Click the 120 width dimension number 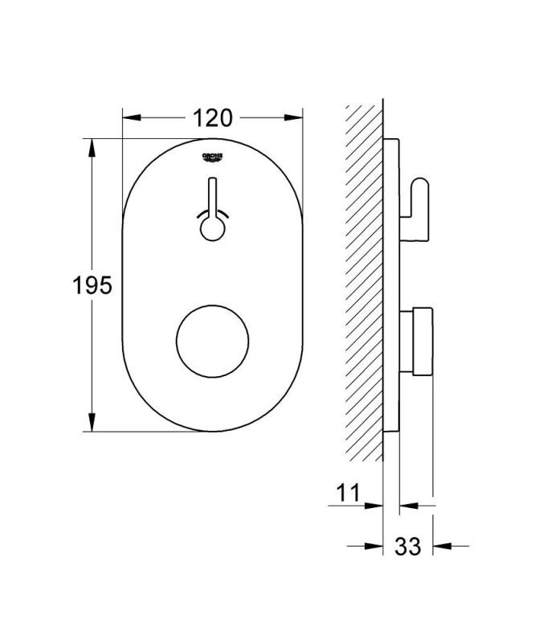pos(212,118)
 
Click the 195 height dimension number pos(92,285)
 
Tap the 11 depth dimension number pos(348,492)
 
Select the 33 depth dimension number pos(407,547)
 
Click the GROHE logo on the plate pos(212,158)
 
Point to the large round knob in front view pos(212,341)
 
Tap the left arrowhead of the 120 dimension pos(132,117)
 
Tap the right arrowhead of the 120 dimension pos(293,117)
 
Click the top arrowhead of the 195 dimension pos(92,148)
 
